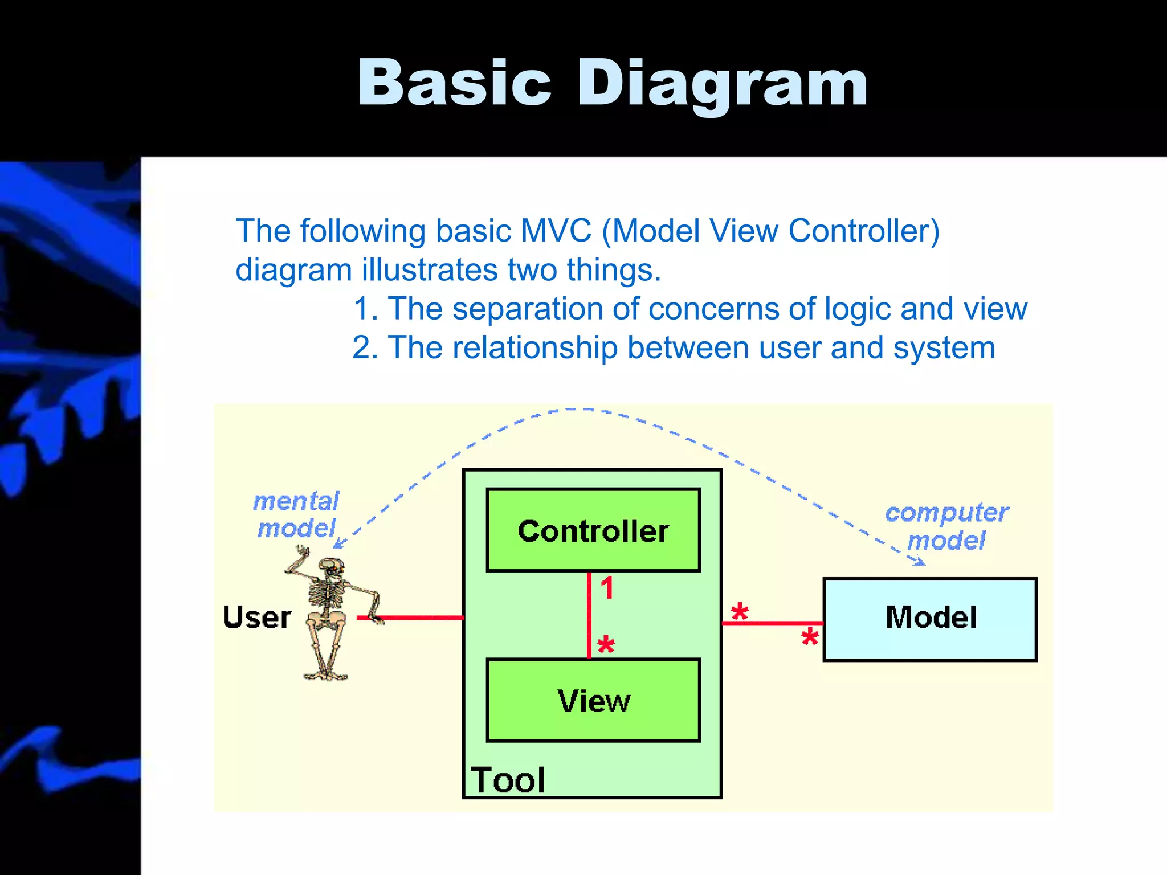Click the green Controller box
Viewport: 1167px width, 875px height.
pyautogui.click(x=593, y=530)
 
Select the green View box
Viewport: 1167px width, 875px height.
pyautogui.click(x=593, y=700)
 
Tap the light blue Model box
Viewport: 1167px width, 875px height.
pyautogui.click(x=930, y=619)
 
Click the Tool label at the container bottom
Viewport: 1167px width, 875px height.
pyautogui.click(x=508, y=780)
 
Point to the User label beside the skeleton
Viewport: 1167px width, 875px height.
pyautogui.click(x=257, y=618)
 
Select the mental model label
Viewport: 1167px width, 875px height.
pyautogui.click(x=296, y=515)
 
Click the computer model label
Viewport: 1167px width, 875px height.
pyautogui.click(x=946, y=526)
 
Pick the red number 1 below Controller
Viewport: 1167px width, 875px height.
pyautogui.click(x=607, y=588)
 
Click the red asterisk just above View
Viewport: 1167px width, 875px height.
pyautogui.click(x=606, y=645)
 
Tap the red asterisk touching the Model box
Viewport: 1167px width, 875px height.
pyautogui.click(x=810, y=637)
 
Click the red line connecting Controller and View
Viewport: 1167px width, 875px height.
pyautogui.click(x=589, y=615)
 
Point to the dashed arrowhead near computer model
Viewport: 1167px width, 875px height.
pyautogui.click(x=919, y=562)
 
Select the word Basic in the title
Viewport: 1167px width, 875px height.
pyautogui.click(x=454, y=84)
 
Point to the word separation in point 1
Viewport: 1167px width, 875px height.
pyautogui.click(x=528, y=309)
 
